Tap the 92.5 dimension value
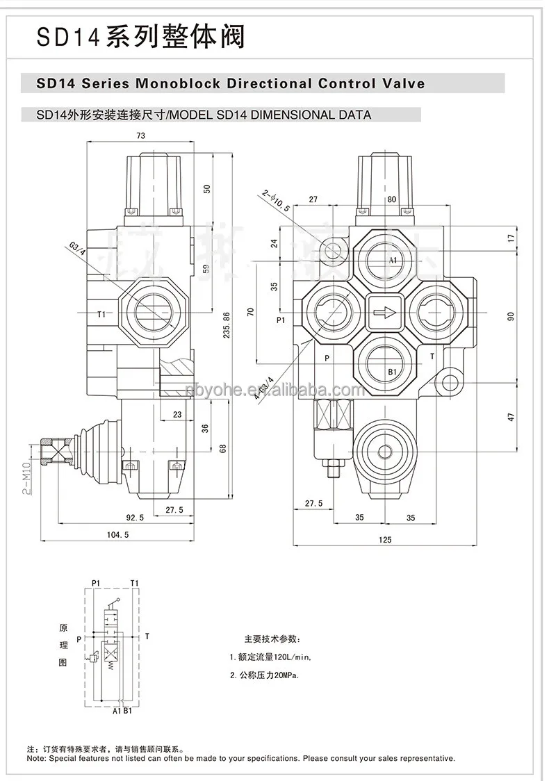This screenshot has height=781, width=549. pos(135,517)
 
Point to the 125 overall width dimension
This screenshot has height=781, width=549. pos(385,539)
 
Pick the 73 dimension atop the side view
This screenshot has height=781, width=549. pos(140,136)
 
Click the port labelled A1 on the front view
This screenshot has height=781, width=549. pos(392,261)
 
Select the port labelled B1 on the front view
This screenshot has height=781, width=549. pos(392,371)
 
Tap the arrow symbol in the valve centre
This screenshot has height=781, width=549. pos(383,313)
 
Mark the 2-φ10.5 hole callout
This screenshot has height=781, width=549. pos(274,202)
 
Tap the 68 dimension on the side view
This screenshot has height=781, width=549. pos(223,448)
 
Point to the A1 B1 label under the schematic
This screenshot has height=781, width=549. pos(122,711)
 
